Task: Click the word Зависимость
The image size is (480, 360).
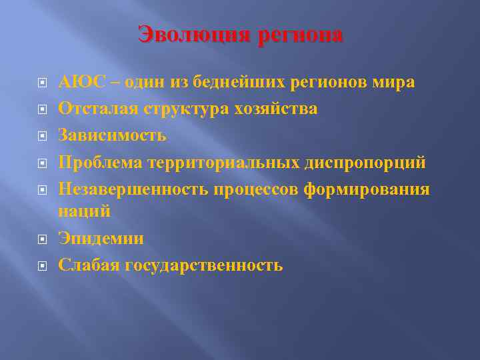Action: tap(112, 135)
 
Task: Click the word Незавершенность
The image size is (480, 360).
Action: tap(133, 189)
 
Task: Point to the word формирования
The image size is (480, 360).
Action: tap(366, 189)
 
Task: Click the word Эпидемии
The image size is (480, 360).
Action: tap(101, 238)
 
